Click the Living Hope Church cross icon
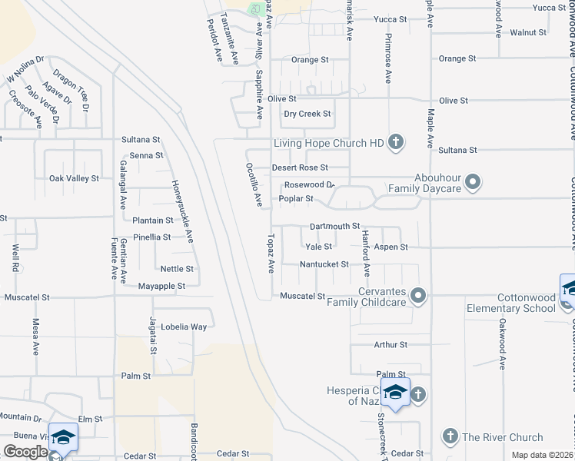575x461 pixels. click(x=395, y=142)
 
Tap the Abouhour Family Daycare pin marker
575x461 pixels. click(x=474, y=183)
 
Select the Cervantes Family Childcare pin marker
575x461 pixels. click(x=418, y=296)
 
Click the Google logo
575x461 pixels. click(x=25, y=452)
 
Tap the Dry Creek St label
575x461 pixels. click(x=307, y=114)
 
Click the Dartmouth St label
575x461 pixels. click(x=334, y=226)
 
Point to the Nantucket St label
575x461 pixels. click(x=324, y=264)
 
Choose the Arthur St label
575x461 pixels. click(x=391, y=345)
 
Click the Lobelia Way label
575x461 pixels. click(x=184, y=327)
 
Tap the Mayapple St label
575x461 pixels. click(x=161, y=286)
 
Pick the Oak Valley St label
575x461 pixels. click(x=74, y=178)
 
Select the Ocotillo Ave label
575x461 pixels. click(x=258, y=184)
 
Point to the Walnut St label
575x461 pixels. click(x=527, y=33)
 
